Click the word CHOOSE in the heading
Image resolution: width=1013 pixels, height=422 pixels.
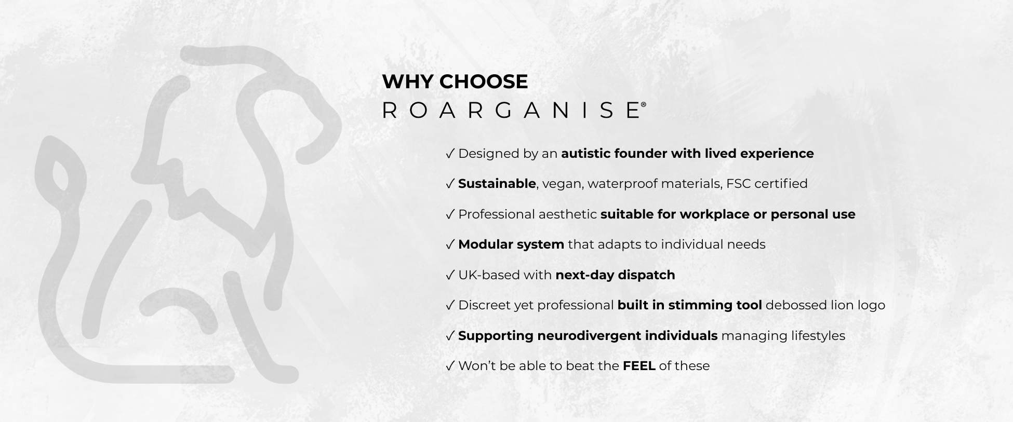(x=484, y=81)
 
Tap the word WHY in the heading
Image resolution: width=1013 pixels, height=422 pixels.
(x=408, y=81)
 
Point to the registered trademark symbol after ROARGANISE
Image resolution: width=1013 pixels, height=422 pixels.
(x=644, y=104)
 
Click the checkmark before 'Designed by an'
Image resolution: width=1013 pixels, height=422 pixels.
(x=450, y=154)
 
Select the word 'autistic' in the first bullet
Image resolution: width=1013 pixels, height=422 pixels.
(x=585, y=154)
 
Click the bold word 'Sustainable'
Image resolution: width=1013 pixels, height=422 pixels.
(x=497, y=184)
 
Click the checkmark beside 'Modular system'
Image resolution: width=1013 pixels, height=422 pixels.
(x=450, y=244)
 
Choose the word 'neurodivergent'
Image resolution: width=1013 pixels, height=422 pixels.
(x=589, y=336)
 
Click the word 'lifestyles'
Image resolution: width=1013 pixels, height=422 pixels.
(x=818, y=336)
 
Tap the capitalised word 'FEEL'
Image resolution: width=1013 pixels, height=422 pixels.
(x=638, y=366)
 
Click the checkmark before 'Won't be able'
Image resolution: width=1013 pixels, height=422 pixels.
(x=450, y=366)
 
